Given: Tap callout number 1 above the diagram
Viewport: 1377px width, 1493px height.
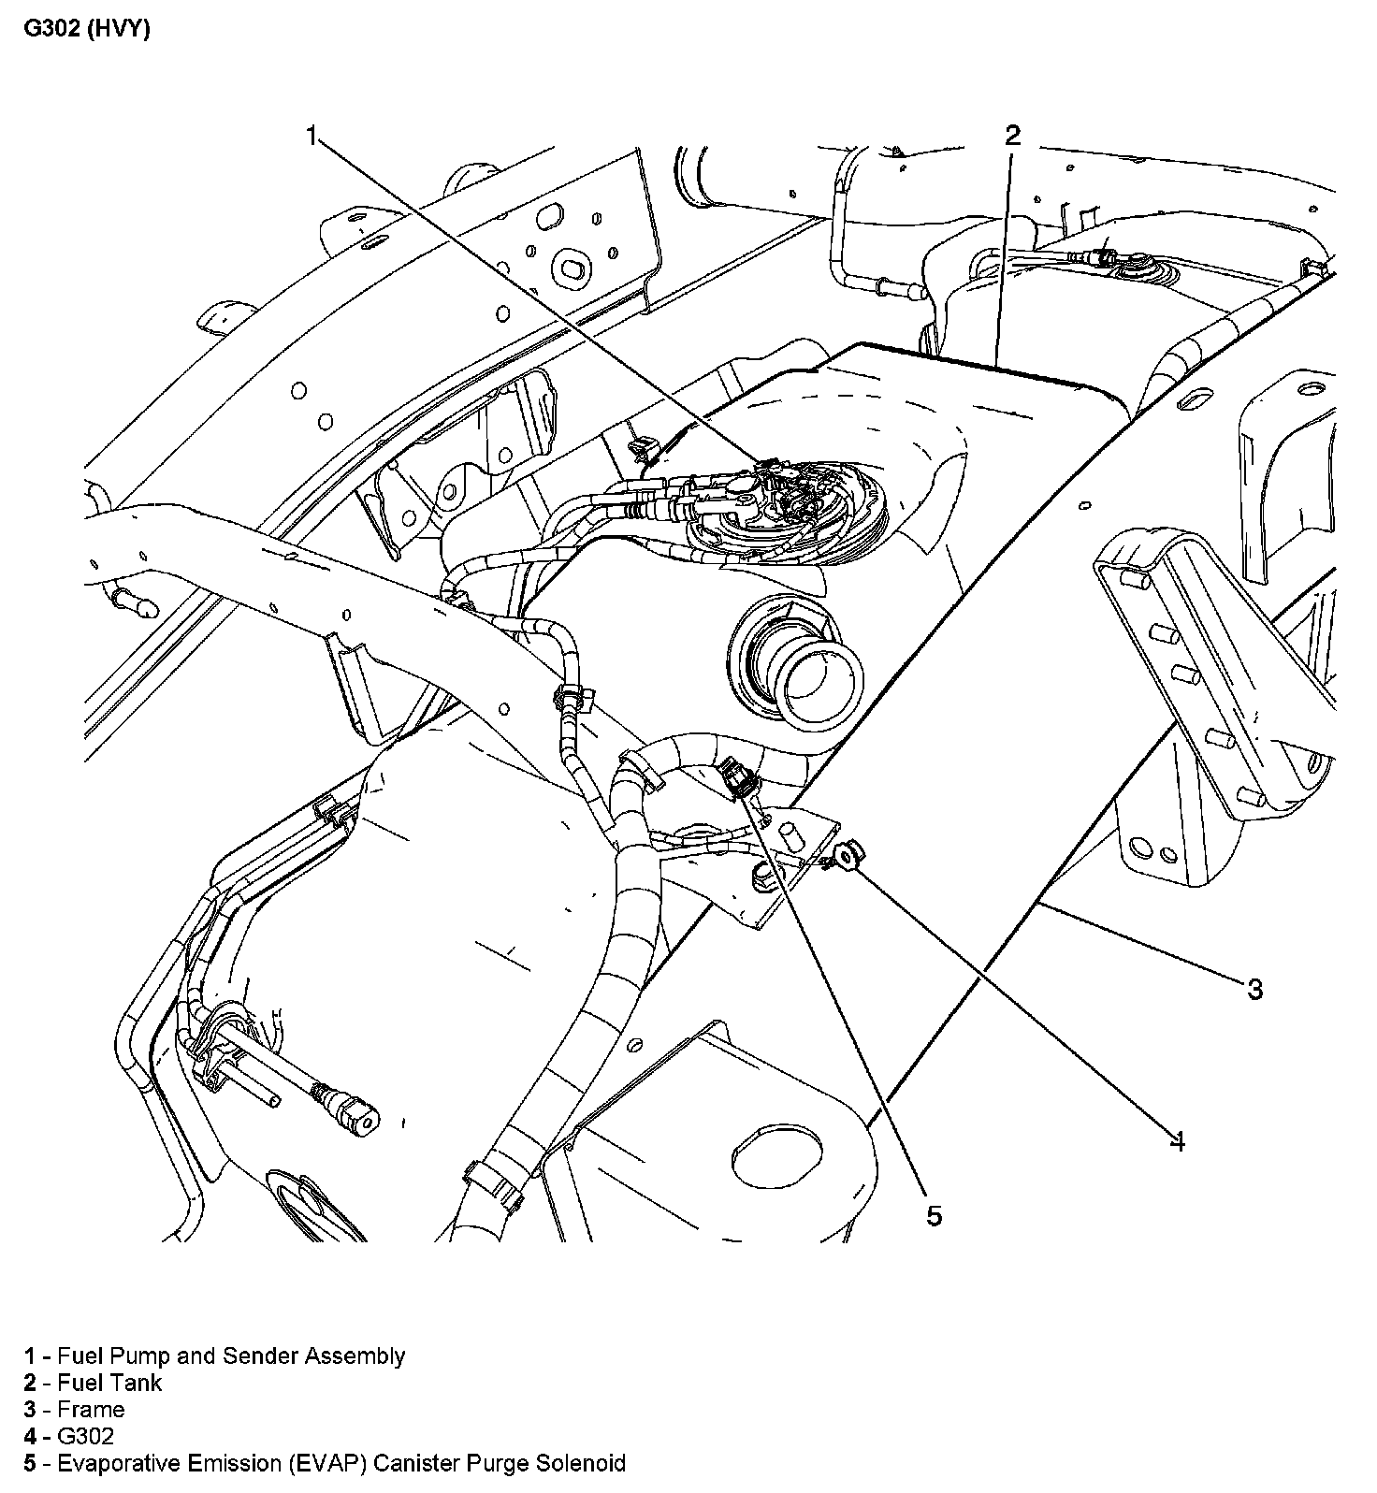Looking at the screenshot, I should pos(312,137).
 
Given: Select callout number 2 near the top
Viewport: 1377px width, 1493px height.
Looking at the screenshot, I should pos(1012,136).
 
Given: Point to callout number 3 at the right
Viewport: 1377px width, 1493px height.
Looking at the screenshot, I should pos(1254,988).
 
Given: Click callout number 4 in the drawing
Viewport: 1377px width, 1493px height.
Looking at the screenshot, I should pos(1178,1141).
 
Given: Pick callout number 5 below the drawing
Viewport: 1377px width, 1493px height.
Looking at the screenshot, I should pos(934,1215).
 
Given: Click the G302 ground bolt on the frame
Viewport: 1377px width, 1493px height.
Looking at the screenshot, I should pos(849,855).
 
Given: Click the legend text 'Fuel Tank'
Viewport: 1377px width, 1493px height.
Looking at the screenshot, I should pos(109,1383).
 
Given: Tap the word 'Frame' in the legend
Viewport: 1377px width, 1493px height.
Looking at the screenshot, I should pos(91,1410).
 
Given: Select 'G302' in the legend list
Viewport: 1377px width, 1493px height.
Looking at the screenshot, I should pos(85,1436).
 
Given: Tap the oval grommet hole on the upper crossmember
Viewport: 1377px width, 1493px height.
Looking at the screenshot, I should pos(570,269).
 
